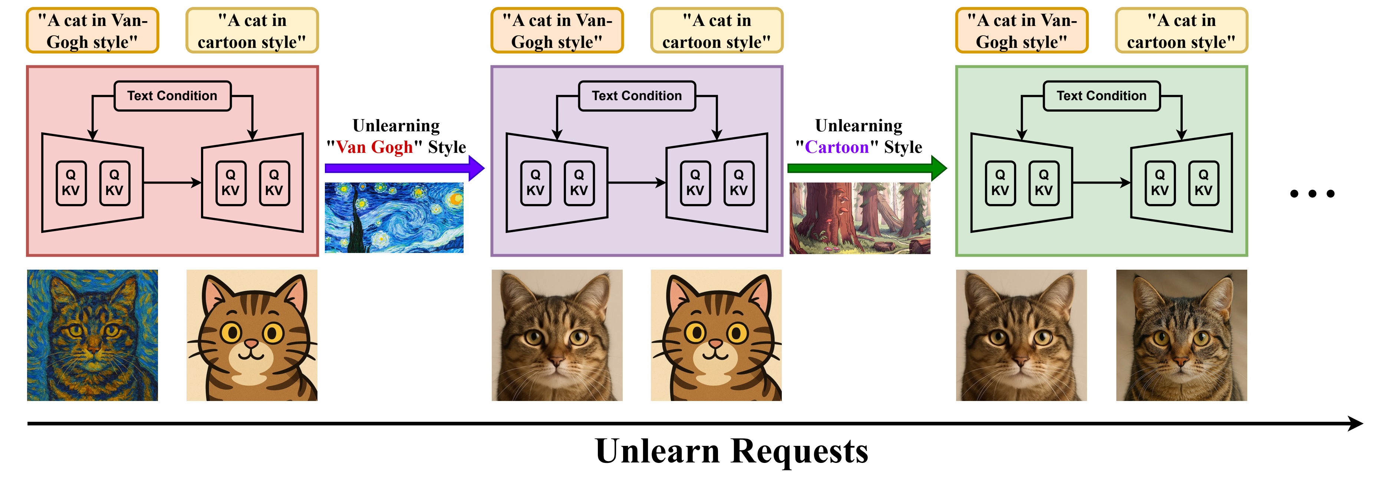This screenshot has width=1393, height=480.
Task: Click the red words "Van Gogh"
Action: click(x=374, y=147)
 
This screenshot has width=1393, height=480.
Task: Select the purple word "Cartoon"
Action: click(x=837, y=147)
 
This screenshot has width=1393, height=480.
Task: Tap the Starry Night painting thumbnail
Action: click(x=393, y=217)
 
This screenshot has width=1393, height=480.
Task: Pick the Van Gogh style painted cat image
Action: click(x=92, y=335)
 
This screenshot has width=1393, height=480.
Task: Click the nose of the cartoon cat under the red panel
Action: click(x=251, y=343)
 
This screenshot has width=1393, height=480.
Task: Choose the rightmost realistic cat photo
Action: click(x=1181, y=335)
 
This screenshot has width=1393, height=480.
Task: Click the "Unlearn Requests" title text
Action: click(x=731, y=451)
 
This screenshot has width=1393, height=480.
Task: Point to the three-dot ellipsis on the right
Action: click(x=1312, y=193)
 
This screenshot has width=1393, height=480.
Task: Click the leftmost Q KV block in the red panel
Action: click(x=71, y=183)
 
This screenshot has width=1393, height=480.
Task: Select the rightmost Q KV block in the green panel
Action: click(x=1203, y=183)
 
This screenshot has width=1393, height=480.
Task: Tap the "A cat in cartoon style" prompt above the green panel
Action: click(x=1181, y=31)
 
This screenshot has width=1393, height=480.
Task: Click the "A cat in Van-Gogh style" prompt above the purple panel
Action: click(x=557, y=31)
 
